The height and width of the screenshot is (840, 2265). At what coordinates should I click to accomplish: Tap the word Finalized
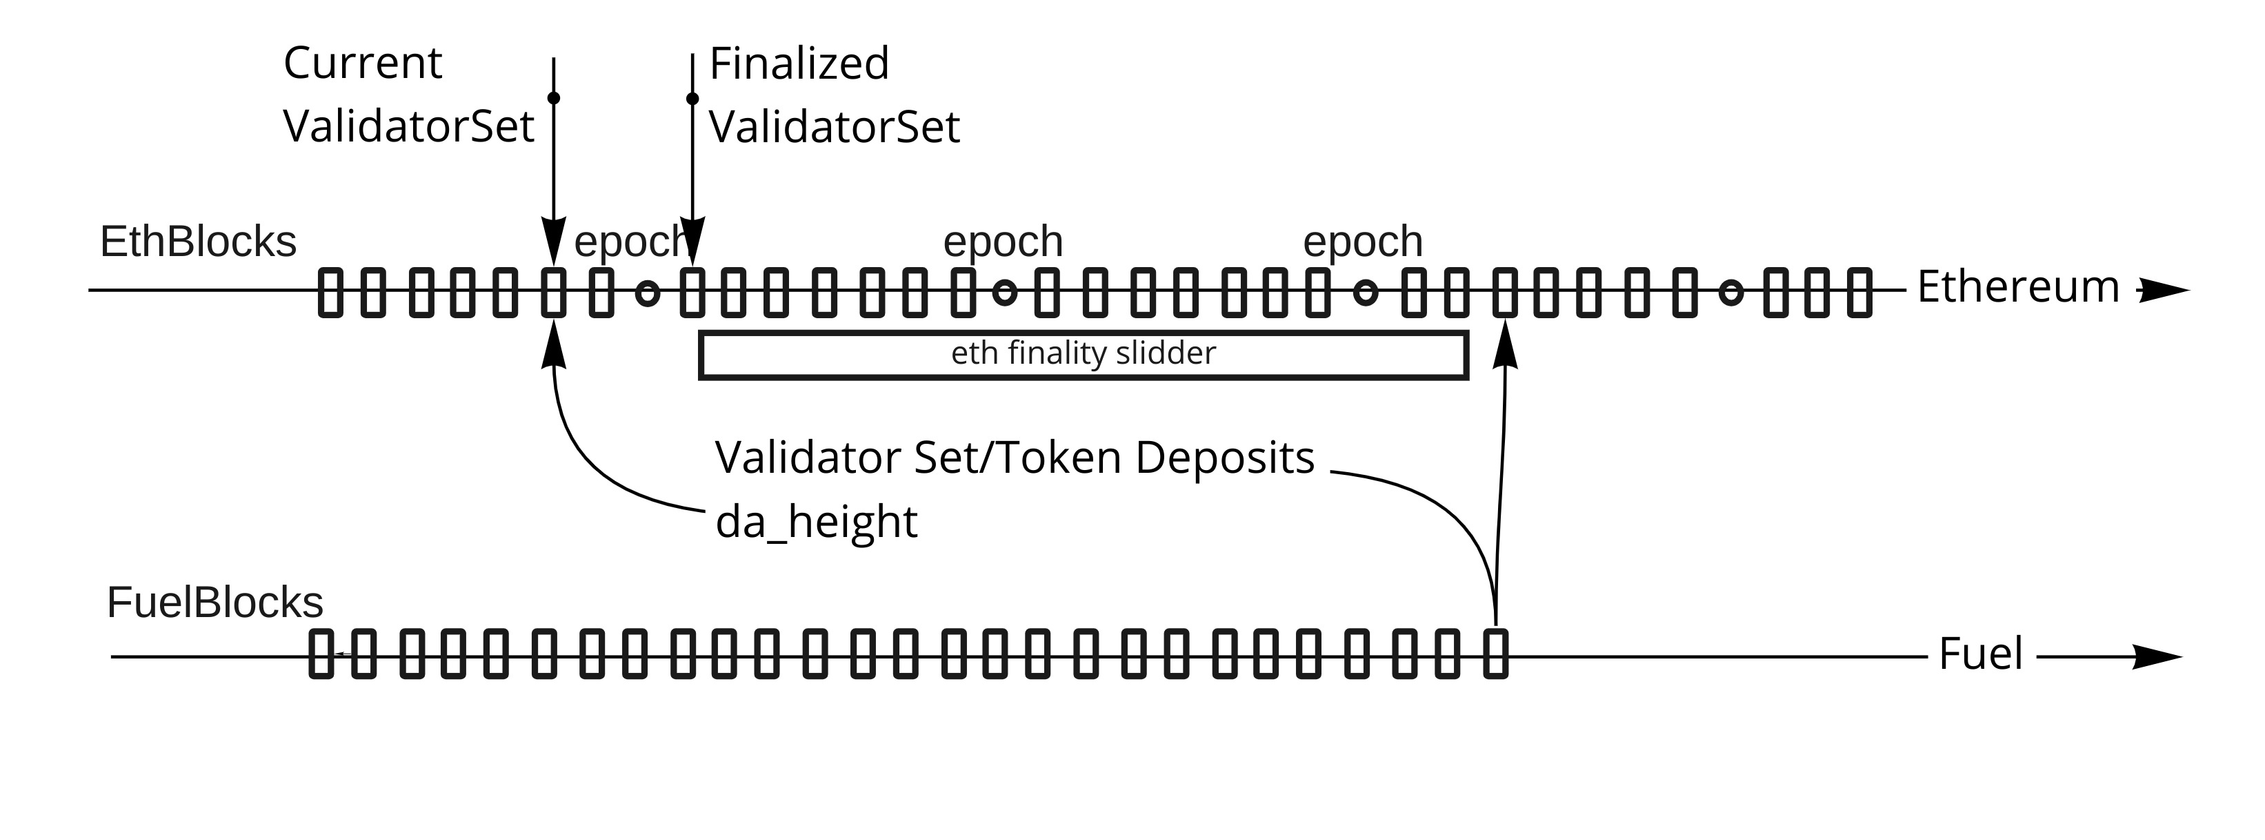pos(799,64)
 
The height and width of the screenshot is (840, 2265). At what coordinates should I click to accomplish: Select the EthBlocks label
pos(198,242)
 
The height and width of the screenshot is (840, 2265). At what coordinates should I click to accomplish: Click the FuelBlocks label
pos(214,603)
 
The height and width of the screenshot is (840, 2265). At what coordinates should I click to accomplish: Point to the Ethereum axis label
pos(2018,288)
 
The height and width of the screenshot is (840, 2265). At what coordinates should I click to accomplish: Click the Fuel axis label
pos(1981,654)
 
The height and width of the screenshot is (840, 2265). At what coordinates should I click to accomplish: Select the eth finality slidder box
pos(1084,355)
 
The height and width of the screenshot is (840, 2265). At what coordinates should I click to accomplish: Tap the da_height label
pos(816,522)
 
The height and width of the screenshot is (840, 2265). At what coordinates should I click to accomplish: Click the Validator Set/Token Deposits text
pos(1015,458)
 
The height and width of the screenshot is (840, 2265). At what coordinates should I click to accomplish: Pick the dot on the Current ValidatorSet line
pos(553,97)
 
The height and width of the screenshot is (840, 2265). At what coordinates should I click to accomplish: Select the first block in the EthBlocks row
pos(330,292)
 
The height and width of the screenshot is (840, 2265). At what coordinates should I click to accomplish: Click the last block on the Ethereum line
pos(1859,292)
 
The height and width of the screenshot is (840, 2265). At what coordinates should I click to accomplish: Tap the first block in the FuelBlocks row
pos(322,654)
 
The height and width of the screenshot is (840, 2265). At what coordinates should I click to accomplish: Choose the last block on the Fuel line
pos(1496,654)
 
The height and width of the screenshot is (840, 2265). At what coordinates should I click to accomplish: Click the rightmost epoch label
pos(1362,242)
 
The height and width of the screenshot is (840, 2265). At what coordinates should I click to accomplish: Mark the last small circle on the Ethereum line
pos(1730,292)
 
